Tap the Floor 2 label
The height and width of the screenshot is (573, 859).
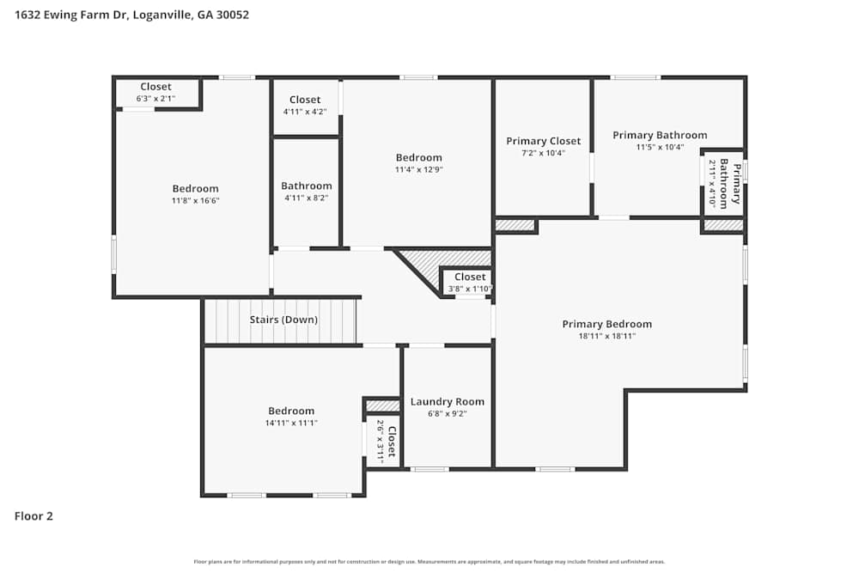coord(34,516)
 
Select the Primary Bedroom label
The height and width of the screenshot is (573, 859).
coord(606,324)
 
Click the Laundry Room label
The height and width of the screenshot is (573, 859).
coord(447,401)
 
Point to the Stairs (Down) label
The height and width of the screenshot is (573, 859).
coord(283,320)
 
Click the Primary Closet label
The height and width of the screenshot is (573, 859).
coord(543,141)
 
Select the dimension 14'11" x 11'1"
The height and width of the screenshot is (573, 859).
coord(291,423)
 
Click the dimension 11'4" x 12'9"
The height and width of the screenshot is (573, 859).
coord(418,169)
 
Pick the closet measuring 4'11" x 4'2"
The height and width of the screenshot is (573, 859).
coord(305,106)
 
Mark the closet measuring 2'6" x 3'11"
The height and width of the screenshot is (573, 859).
coord(386,442)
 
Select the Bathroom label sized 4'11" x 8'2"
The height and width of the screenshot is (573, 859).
coord(306,191)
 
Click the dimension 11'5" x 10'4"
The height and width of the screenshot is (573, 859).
coord(660,147)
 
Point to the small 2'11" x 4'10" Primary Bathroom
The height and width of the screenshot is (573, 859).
coord(723,183)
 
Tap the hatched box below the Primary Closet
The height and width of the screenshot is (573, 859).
coord(515,226)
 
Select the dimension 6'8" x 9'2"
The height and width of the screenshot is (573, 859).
coord(447,413)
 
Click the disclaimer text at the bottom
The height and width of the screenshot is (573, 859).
coord(429,561)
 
